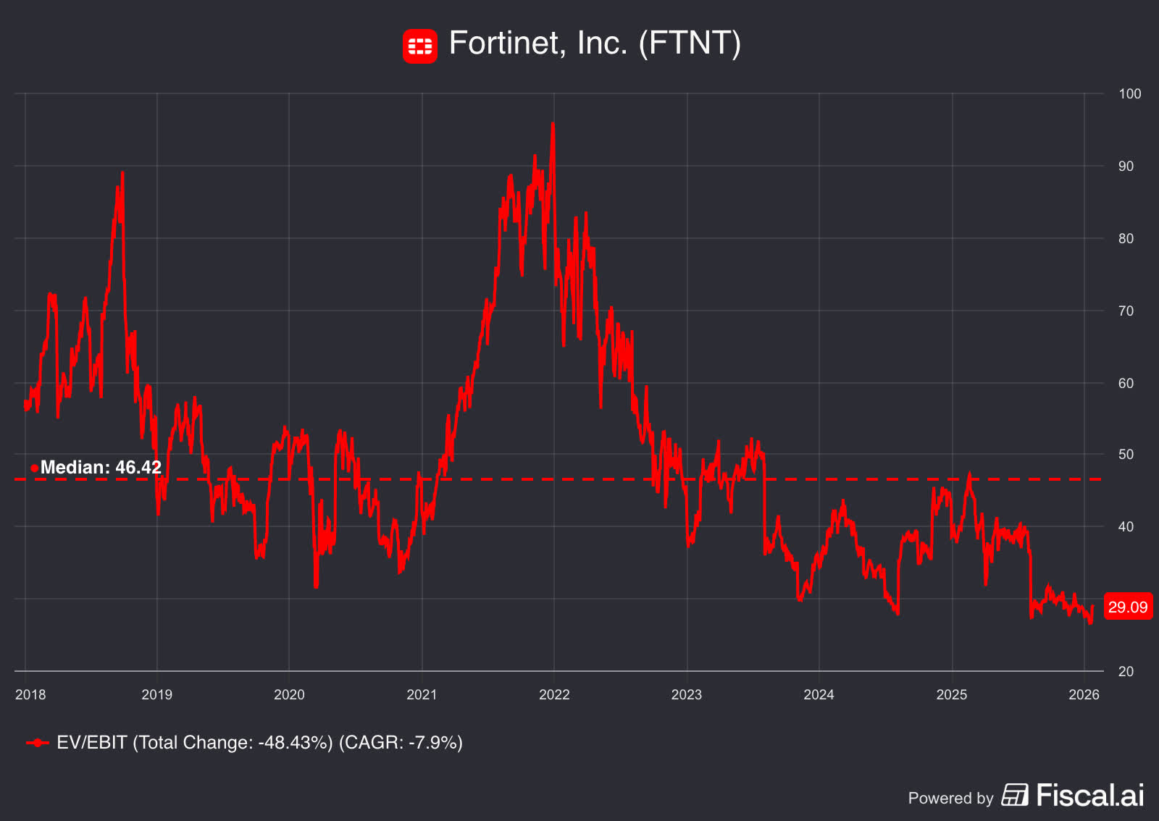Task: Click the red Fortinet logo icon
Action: [420, 46]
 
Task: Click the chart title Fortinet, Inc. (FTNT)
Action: [595, 43]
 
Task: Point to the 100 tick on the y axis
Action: [1129, 94]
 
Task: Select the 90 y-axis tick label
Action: [1126, 167]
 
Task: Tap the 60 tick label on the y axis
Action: [1126, 384]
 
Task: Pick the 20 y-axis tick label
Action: [1126, 672]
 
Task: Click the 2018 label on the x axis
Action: [30, 695]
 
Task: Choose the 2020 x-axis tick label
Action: [289, 695]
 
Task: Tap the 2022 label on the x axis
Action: [554, 695]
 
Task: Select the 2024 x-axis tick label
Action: [819, 695]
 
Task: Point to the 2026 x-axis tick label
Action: [1084, 695]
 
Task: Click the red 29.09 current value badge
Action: [1128, 607]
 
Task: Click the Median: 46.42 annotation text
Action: [101, 468]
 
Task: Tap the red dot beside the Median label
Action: [34, 468]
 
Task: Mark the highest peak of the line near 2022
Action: [553, 124]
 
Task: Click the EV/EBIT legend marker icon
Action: [37, 743]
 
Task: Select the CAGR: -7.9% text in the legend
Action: [401, 743]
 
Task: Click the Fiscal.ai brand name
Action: [1089, 796]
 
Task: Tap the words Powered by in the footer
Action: [950, 799]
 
